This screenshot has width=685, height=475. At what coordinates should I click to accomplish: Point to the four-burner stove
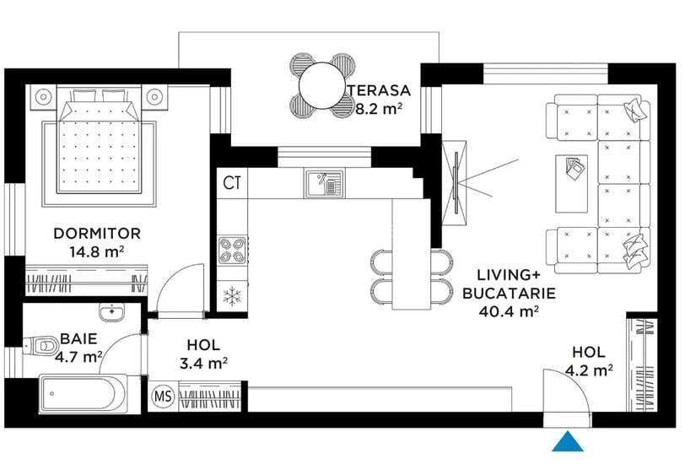coord(232,249)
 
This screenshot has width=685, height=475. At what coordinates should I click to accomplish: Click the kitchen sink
coord(323,182)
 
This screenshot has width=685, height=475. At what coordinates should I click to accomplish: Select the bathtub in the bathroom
coord(83,393)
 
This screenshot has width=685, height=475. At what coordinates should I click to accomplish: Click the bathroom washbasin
coord(111,312)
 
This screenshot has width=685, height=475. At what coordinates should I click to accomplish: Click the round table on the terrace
coord(321,84)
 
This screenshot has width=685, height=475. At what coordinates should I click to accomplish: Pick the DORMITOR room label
coord(97,233)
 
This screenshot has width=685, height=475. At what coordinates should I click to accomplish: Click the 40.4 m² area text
coord(507,311)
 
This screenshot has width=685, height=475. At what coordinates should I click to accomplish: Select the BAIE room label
coord(78,339)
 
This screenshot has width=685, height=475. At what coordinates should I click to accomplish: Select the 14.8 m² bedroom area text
coord(97,251)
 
